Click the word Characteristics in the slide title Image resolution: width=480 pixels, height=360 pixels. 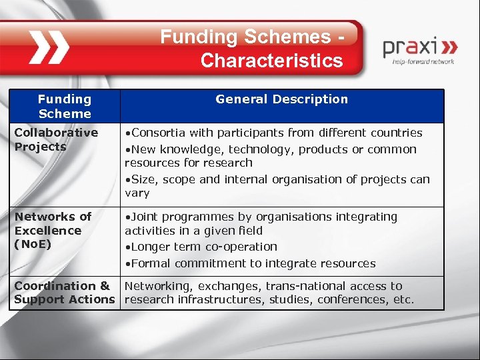271,61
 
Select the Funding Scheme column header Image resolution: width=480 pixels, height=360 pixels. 65,106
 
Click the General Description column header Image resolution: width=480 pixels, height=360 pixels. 281,99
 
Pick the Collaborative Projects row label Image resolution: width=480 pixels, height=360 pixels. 56,139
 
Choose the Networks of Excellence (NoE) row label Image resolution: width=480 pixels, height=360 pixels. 53,230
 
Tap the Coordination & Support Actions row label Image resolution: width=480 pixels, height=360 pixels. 65,293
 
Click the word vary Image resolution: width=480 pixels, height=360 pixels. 137,193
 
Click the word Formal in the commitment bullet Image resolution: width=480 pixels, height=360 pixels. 151,263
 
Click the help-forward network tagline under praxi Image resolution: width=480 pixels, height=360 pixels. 423,62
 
